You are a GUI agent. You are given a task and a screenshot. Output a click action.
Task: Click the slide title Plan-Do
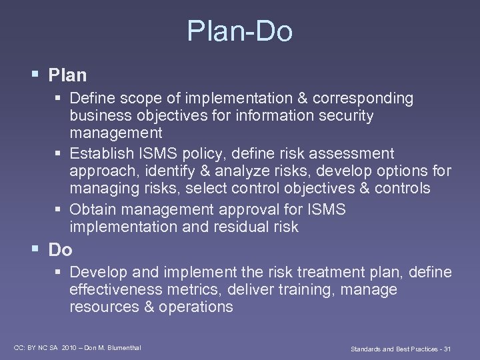tap(239, 31)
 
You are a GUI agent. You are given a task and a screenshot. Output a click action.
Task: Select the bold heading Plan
tap(67, 75)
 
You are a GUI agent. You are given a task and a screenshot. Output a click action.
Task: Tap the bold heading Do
tap(60, 250)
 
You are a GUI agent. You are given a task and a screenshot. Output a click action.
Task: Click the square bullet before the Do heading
tap(35, 249)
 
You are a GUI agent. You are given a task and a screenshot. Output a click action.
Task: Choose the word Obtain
tap(92, 209)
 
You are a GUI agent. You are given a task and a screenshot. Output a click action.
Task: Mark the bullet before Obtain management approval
tap(58, 209)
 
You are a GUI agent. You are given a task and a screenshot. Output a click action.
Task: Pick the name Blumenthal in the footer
tap(122, 347)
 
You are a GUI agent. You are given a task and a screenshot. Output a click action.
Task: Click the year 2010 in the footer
tap(69, 347)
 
